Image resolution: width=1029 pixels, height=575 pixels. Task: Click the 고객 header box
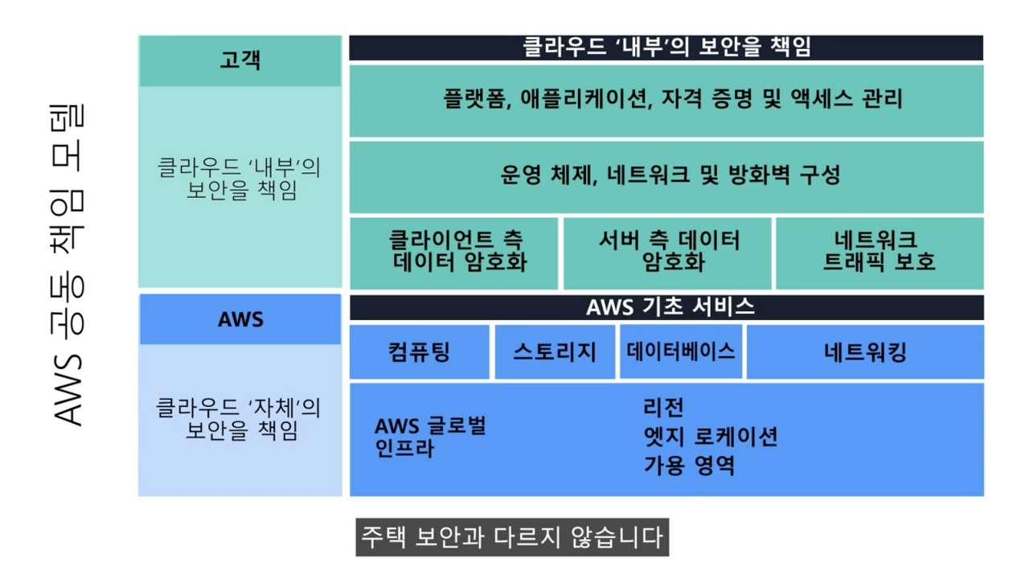pos(240,60)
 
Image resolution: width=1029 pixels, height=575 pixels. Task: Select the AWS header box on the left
pos(240,319)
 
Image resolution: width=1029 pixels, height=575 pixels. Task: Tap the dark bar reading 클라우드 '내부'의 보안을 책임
pos(666,47)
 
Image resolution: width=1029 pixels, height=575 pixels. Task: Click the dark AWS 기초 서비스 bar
pos(666,307)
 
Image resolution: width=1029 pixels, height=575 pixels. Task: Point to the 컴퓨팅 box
pos(419,351)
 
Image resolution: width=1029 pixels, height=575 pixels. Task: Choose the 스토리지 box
pos(555,351)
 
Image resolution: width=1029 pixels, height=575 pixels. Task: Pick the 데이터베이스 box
pos(680,351)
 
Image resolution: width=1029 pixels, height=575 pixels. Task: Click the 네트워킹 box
pos(865,351)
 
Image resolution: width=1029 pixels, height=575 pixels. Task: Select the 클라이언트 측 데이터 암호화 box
pos(454,252)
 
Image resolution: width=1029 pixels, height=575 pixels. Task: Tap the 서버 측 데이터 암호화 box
pos(667,252)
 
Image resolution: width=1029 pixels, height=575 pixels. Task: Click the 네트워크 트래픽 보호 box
pos(879,252)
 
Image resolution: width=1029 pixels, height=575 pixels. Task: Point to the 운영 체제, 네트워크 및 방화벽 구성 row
pos(666,175)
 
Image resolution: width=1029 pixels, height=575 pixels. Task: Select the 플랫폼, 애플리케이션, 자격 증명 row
pos(666,100)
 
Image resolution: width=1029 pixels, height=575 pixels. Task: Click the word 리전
pos(663,409)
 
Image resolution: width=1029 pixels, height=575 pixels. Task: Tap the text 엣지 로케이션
pos(710,437)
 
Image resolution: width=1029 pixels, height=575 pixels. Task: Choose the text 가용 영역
pos(689,465)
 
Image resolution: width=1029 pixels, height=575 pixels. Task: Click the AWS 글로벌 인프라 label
pos(430,437)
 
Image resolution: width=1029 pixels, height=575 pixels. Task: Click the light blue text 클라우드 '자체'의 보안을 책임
pos(240,419)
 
